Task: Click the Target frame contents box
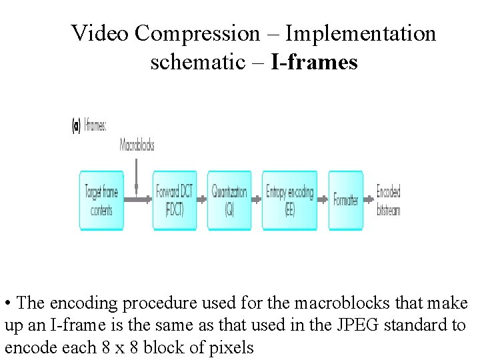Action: click(x=101, y=201)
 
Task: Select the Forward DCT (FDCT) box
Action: click(x=174, y=201)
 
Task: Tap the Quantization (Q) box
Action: click(x=229, y=201)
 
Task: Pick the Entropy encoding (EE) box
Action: click(x=289, y=201)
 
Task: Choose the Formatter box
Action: click(x=345, y=201)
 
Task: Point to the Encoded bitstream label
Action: click(x=388, y=201)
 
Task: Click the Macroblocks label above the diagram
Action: click(x=137, y=145)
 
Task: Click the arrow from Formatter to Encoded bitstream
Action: click(x=370, y=199)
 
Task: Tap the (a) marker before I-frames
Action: click(x=76, y=125)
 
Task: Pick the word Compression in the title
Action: click(x=197, y=33)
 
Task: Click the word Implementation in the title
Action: click(x=360, y=33)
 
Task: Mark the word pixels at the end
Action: click(x=229, y=348)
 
